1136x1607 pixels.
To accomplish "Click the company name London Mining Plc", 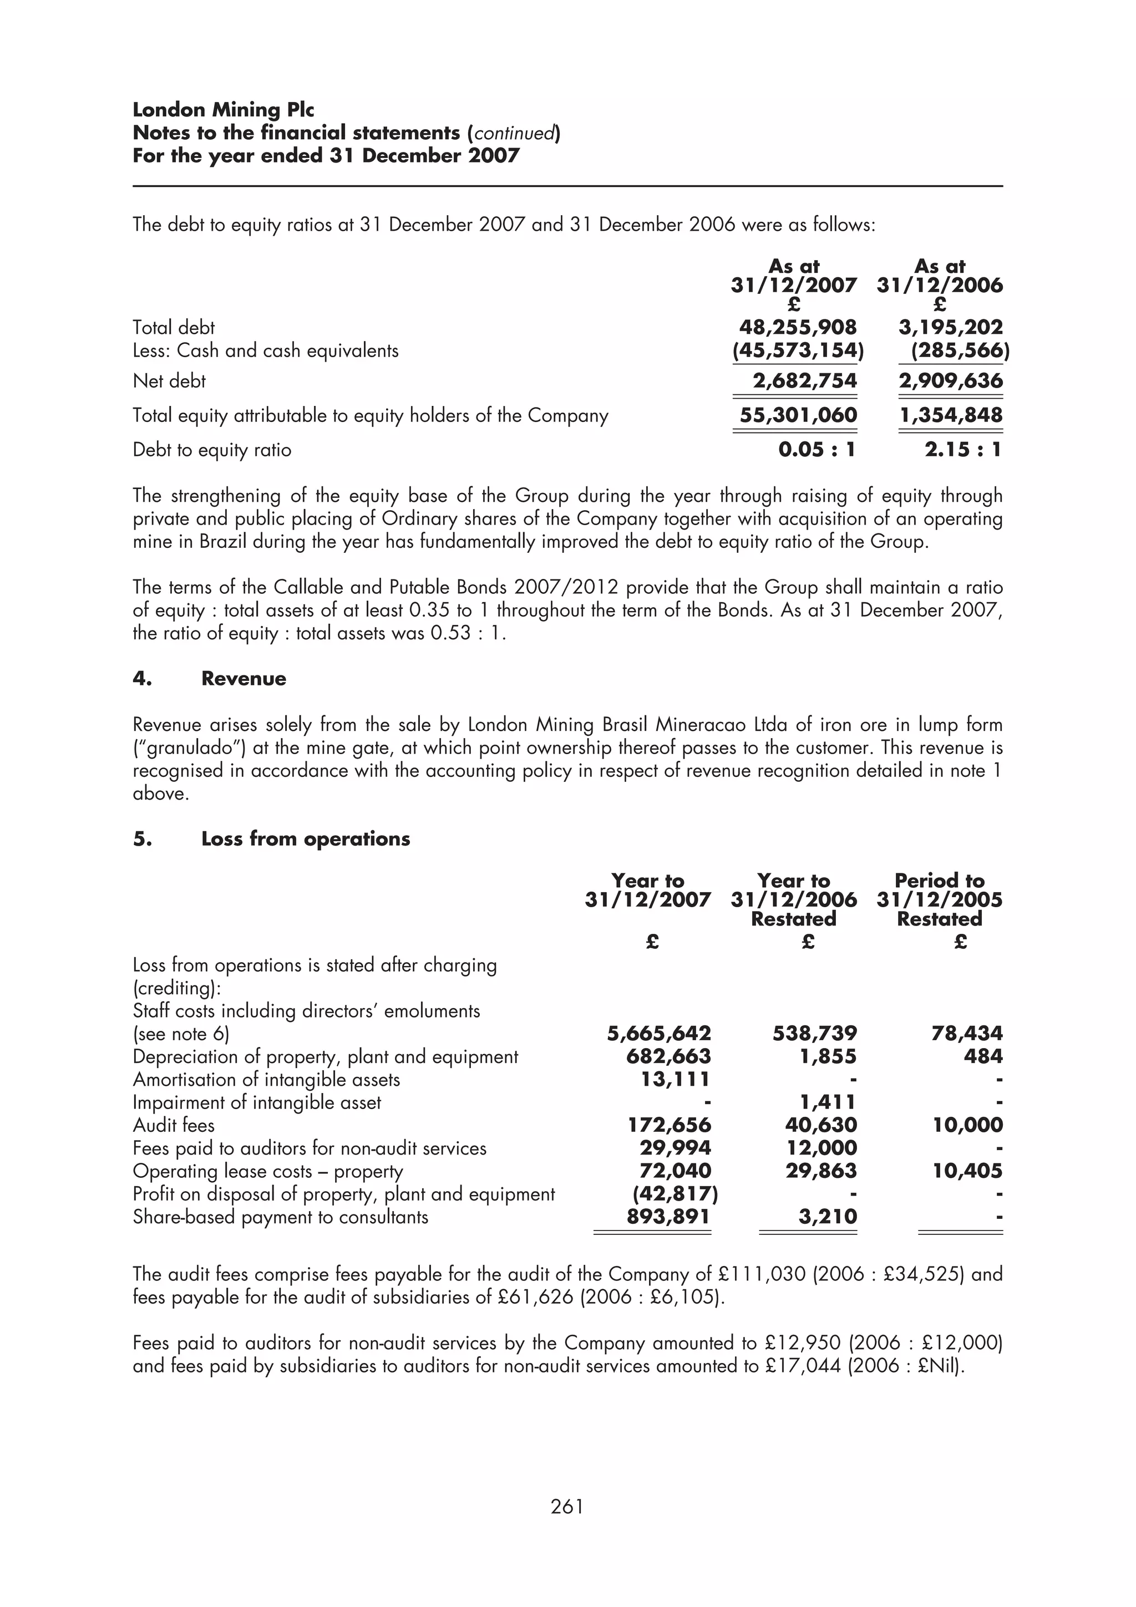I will click(x=224, y=110).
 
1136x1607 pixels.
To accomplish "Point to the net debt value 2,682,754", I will click(x=804, y=381).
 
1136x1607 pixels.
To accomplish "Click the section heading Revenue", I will click(x=244, y=678).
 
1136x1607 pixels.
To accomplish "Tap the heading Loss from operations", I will click(x=305, y=838).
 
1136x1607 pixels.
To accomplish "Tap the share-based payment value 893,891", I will click(x=668, y=1217).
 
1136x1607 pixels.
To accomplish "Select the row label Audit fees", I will click(x=174, y=1126).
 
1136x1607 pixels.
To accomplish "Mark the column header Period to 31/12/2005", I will click(x=939, y=891).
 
